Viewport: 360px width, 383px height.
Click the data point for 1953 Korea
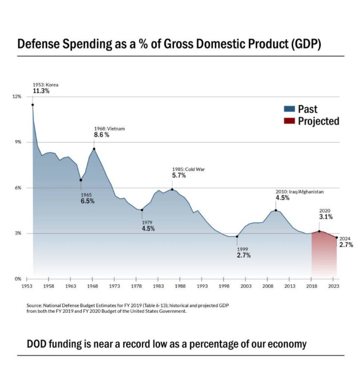(32, 105)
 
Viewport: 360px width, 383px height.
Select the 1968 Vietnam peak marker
(94, 149)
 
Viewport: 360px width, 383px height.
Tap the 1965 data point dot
(81, 180)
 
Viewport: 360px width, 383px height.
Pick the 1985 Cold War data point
(172, 189)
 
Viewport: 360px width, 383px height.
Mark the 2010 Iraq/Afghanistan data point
(276, 210)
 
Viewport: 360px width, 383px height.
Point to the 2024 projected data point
(337, 237)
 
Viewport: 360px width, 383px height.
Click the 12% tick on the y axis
(17, 97)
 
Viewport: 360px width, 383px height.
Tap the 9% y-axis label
(18, 142)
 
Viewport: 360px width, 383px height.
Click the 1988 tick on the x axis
(180, 287)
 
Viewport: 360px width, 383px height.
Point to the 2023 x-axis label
(334, 287)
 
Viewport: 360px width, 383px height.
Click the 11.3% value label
(41, 91)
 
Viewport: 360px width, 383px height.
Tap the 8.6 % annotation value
(102, 135)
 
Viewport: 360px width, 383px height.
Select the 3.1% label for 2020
(326, 217)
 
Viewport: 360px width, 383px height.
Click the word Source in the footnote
(35, 306)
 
